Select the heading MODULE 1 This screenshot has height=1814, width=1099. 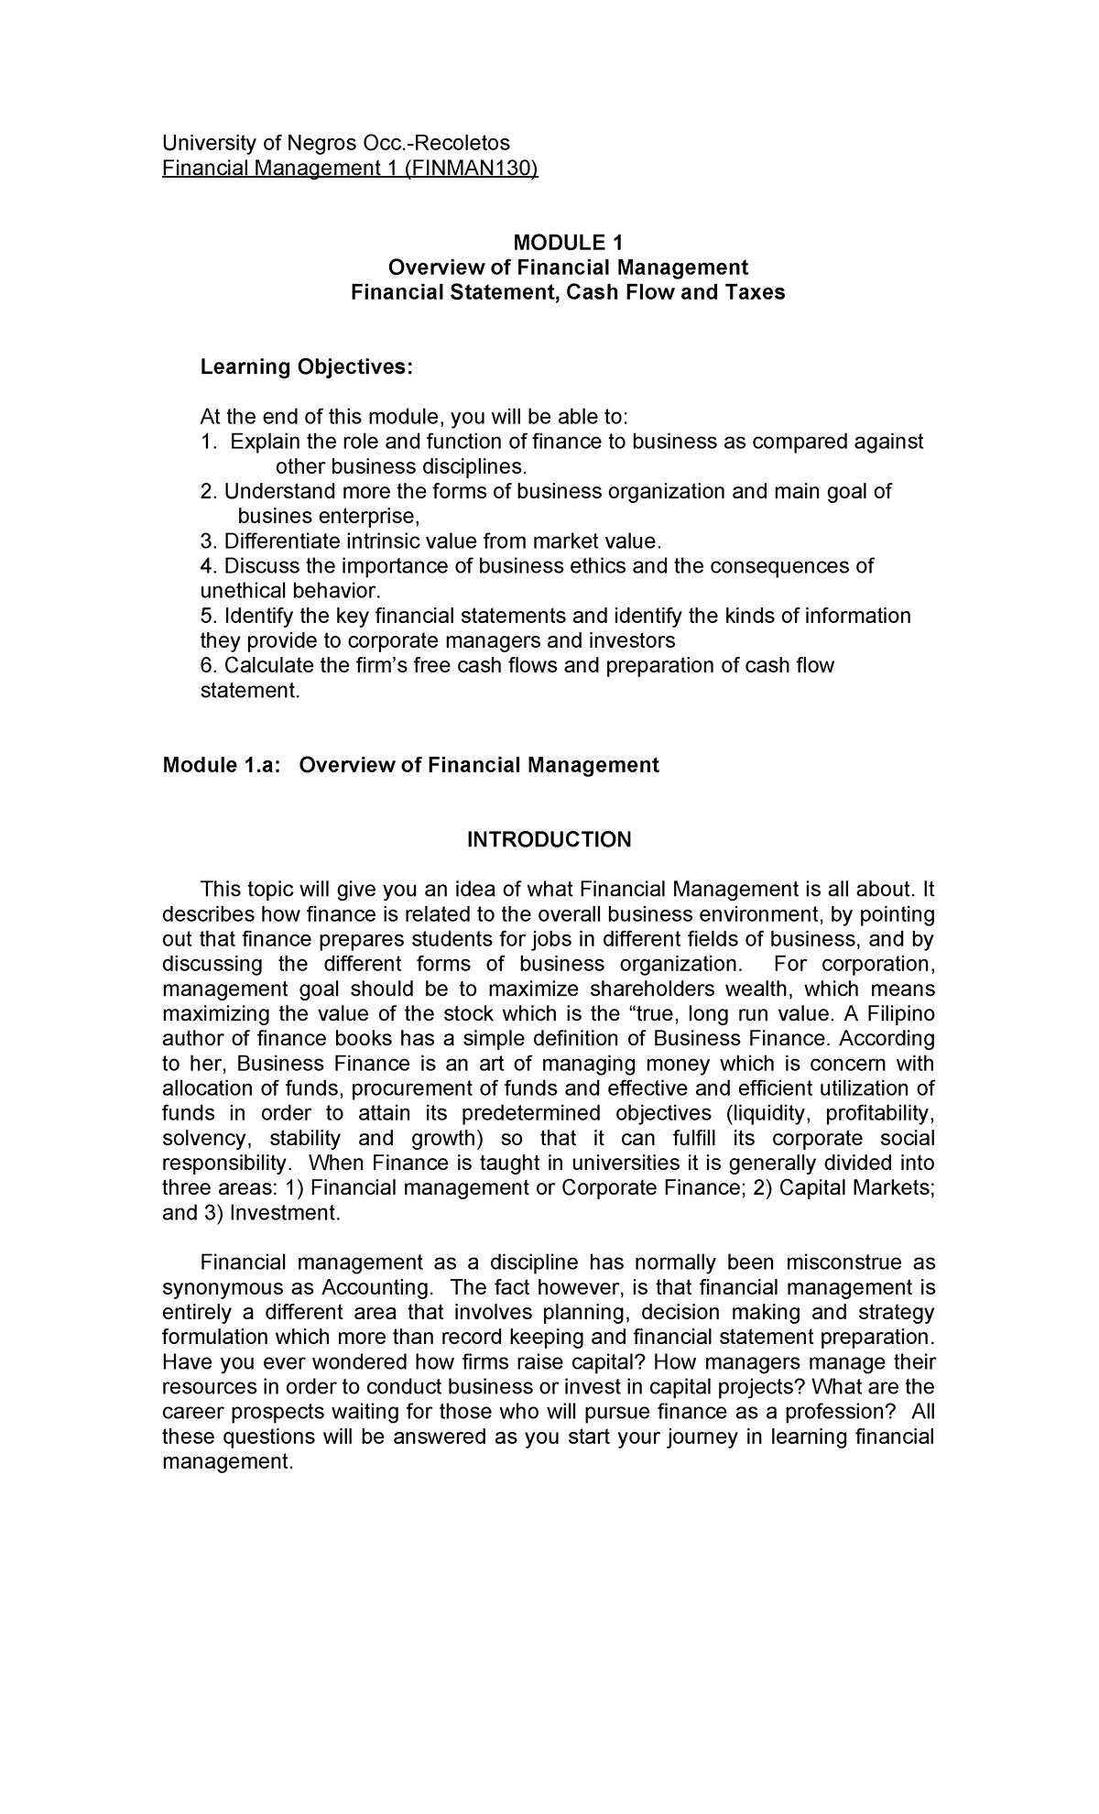pos(568,243)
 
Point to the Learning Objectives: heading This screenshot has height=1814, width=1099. pos(307,367)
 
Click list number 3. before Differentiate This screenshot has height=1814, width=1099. pos(208,541)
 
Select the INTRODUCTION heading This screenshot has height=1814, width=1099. pos(549,840)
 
